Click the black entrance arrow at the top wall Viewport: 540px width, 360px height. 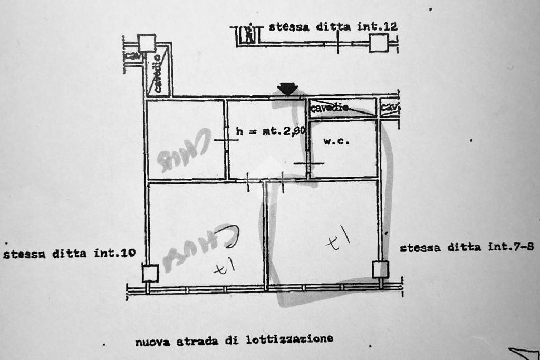click(x=287, y=89)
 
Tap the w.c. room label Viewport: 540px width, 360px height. click(x=336, y=141)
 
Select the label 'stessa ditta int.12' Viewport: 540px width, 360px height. click(x=333, y=26)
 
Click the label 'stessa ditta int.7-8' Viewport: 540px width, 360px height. click(x=467, y=247)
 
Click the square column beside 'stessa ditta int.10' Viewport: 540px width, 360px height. click(x=150, y=274)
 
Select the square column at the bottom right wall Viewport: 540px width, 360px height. click(x=380, y=269)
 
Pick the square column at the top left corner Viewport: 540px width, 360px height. click(x=147, y=43)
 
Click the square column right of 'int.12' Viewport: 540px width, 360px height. click(x=379, y=43)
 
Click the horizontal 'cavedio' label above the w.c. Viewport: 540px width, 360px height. click(x=330, y=108)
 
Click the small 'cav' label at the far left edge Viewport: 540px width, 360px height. click(x=131, y=55)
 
